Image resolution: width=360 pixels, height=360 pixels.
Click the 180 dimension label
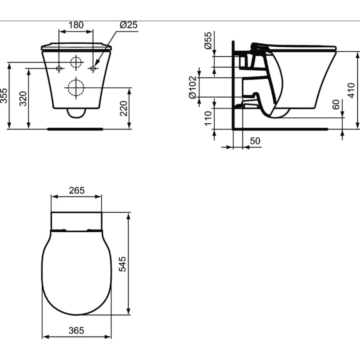(x=76, y=25)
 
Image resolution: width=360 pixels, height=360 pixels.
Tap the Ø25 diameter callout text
(x=129, y=25)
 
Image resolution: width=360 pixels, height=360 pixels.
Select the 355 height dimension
(x=4, y=95)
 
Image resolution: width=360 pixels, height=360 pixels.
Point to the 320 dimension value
(x=23, y=99)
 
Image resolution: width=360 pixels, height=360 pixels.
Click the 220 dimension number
(x=123, y=108)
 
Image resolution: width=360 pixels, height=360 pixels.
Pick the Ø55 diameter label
(x=208, y=40)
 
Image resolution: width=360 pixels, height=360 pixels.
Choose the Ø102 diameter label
(x=193, y=87)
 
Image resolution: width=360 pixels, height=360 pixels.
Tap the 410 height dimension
(x=351, y=90)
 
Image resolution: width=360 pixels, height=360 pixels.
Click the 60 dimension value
(x=336, y=105)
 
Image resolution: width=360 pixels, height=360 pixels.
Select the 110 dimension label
(x=208, y=118)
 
